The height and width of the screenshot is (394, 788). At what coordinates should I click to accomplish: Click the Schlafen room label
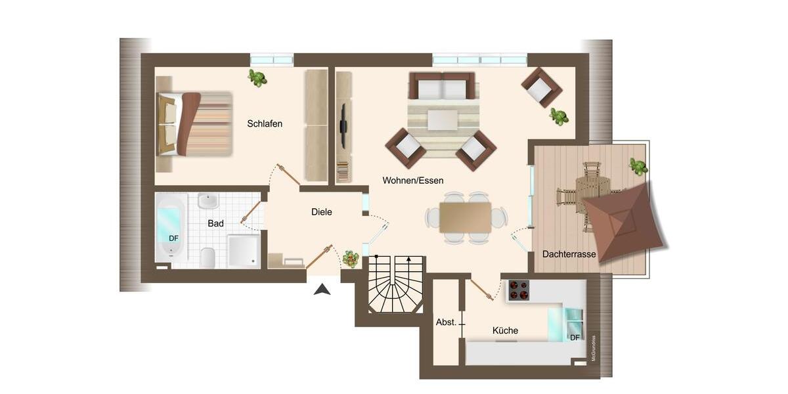[265, 123]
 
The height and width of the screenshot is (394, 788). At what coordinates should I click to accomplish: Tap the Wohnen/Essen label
[413, 180]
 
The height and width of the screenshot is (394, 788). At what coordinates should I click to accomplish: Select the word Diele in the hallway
[321, 212]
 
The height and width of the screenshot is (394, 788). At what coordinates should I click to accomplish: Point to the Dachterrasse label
[569, 254]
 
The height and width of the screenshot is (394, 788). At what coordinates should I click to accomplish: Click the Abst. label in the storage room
[446, 322]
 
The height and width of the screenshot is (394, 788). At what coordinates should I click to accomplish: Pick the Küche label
[505, 331]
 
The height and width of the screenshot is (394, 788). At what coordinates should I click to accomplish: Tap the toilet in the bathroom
[208, 257]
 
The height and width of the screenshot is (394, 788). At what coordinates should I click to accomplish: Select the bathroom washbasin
[208, 201]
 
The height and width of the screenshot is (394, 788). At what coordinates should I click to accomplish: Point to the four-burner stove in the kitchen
[519, 290]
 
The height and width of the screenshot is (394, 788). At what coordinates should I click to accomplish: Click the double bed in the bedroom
[194, 124]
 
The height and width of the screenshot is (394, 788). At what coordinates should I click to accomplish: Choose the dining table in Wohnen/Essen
[466, 217]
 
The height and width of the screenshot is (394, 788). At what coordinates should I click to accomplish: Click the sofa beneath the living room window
[442, 85]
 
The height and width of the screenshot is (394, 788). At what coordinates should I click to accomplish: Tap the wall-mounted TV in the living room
[342, 125]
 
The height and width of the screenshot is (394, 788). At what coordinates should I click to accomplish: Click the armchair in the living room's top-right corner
[541, 87]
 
